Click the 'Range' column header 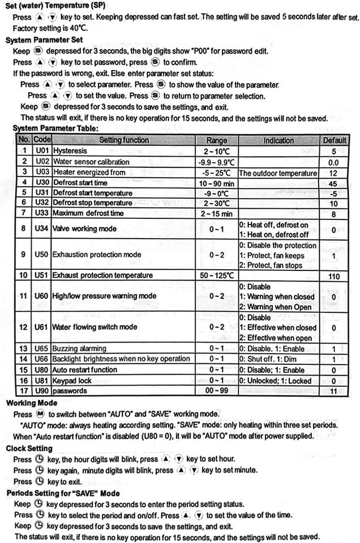pyautogui.click(x=217, y=140)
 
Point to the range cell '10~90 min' pyautogui.click(x=217, y=183)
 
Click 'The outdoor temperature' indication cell pyautogui.click(x=278, y=173)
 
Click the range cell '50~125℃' pyautogui.click(x=217, y=275)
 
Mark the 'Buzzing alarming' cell pyautogui.click(x=79, y=348)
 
